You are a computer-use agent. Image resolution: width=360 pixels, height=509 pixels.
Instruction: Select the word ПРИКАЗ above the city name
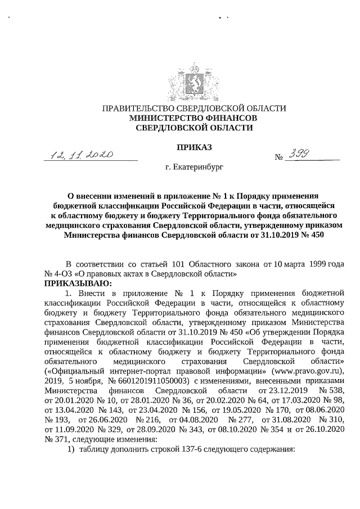194,147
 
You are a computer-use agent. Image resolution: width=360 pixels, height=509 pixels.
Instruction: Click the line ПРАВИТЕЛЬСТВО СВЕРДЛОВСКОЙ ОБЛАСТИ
193,109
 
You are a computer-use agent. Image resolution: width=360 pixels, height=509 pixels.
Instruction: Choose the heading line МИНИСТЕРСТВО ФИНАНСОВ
193,118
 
